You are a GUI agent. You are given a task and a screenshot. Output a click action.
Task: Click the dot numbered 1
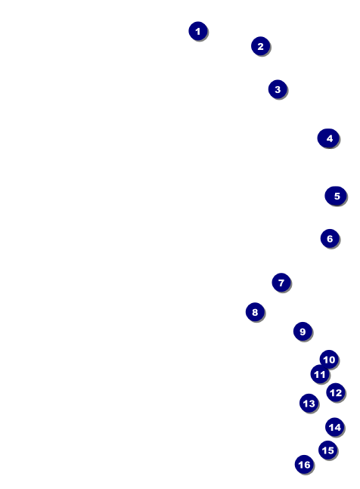198,31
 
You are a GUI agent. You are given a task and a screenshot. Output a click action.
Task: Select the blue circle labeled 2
260,46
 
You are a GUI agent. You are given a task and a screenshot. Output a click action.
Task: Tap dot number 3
278,89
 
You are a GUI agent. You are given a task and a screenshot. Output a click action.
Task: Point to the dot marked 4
328,138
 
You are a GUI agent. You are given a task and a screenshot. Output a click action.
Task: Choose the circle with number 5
336,196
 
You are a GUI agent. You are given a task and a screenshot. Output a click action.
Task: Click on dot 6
330,239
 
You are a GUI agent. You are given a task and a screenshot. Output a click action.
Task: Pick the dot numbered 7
281,283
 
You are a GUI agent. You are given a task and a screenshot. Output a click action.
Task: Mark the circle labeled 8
255,312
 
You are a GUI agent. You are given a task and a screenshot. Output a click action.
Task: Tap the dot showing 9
303,332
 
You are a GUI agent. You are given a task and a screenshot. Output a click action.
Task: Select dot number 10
329,360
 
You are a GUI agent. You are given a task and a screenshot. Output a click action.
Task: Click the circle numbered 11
320,374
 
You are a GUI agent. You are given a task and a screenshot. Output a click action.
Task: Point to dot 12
336,392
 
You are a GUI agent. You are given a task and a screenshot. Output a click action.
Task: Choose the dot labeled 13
309,404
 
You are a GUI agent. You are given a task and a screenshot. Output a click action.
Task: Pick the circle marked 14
335,427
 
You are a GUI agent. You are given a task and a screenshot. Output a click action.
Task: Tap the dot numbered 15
328,450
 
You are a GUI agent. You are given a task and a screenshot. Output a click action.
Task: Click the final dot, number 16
304,464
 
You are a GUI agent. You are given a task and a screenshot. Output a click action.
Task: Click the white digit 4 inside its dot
330,138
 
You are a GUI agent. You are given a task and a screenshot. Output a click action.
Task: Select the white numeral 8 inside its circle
255,312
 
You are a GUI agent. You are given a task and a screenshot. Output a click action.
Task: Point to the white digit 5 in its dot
337,197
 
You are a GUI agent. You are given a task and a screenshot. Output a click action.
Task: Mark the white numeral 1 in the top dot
197,31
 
